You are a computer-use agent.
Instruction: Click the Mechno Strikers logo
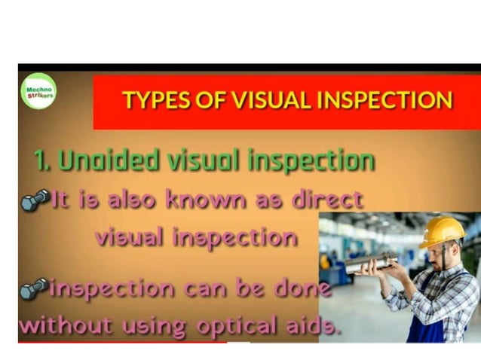pos(38,91)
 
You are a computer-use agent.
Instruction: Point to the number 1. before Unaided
pos(42,160)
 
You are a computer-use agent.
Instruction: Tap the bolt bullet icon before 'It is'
pos(35,200)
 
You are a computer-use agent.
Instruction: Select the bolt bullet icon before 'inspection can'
pos(35,288)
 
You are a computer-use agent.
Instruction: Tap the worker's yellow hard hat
pos(442,231)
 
